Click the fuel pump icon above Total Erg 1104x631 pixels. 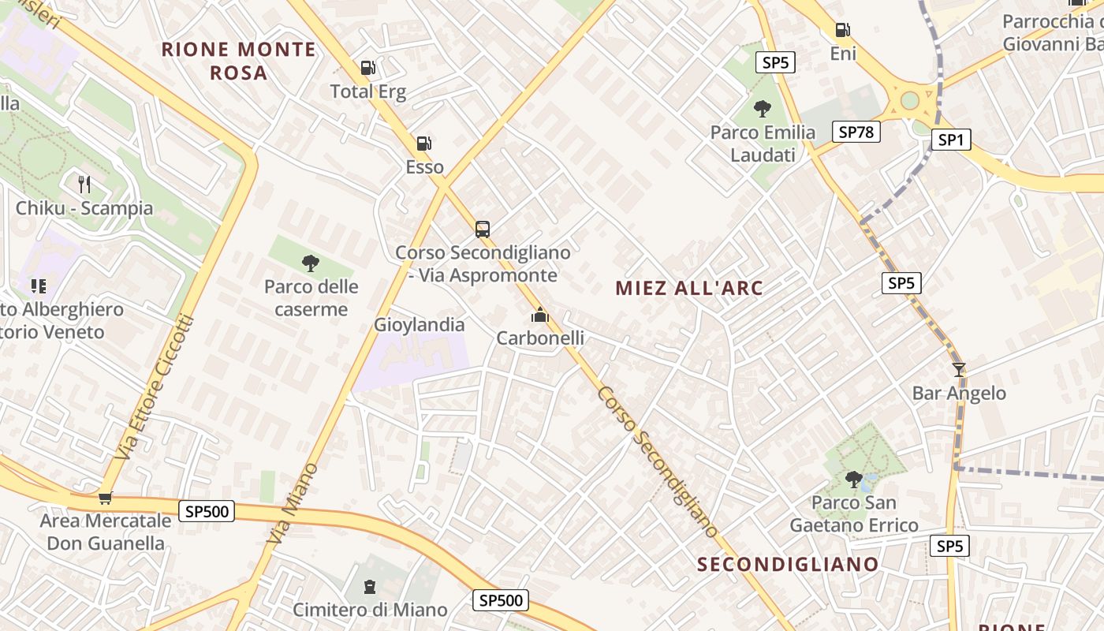(367, 68)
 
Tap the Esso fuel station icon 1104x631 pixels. (424, 144)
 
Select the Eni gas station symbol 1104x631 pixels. (843, 30)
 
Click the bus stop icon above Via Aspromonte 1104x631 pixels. (483, 230)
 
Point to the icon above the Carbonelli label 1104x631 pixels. (539, 315)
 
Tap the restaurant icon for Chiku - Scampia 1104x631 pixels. (84, 185)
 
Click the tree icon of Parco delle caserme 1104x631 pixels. (311, 263)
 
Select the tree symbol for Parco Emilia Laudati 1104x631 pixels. (762, 108)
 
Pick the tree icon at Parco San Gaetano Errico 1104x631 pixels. (853, 478)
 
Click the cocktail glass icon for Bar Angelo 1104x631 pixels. (959, 369)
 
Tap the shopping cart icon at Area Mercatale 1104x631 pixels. (105, 498)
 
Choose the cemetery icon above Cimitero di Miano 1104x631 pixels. (370, 586)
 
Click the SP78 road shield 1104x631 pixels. (856, 132)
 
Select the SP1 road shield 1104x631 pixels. (950, 140)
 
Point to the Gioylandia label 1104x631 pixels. (419, 324)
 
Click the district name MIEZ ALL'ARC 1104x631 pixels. (689, 288)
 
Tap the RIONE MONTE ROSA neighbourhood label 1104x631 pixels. (238, 61)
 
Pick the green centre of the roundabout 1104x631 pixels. (910, 100)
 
